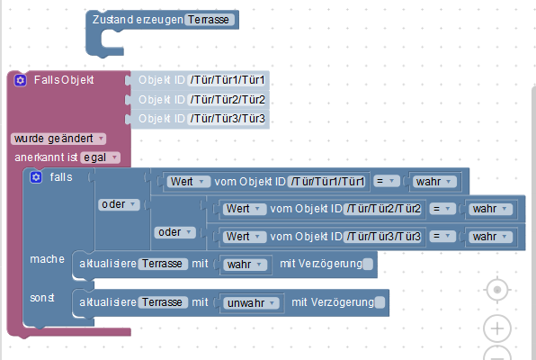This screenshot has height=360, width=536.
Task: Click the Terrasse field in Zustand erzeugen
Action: coord(210,20)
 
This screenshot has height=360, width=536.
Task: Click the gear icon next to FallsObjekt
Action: coord(20,80)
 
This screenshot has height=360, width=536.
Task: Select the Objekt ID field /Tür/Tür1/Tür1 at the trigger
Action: coord(228,80)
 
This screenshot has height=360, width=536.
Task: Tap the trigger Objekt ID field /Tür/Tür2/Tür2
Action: coord(228,100)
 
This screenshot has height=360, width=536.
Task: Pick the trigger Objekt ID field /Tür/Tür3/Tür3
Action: coord(228,119)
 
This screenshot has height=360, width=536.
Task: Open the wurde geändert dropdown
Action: coord(58,139)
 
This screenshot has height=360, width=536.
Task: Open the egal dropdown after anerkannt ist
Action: coord(100,157)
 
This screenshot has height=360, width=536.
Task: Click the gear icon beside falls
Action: coord(36,177)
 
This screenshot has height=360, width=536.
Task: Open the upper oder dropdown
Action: coord(119,204)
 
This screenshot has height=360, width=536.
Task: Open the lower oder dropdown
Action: coord(175,232)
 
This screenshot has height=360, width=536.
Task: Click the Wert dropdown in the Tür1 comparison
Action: coord(188,182)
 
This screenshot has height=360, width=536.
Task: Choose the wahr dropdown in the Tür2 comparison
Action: coord(489,209)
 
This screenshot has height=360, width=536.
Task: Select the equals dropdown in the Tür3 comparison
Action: coord(442,237)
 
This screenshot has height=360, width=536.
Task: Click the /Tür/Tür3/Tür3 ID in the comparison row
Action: coord(383,237)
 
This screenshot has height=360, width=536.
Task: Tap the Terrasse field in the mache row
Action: coord(163,264)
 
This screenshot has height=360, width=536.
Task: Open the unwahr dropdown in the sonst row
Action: coord(251,303)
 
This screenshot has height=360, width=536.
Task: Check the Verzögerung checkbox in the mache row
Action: coord(368,264)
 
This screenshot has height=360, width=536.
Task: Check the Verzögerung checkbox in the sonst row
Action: coord(380,302)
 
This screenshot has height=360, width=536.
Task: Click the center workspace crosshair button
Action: coord(497,290)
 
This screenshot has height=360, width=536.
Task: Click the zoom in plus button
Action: coord(497,328)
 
